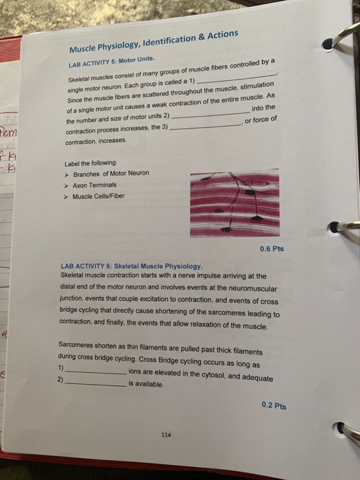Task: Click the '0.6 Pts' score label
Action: click(x=272, y=249)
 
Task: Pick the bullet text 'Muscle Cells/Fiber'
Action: click(x=100, y=196)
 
